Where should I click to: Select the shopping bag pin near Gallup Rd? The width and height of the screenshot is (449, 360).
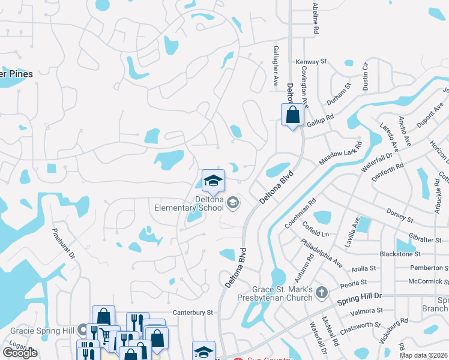coord(292,115)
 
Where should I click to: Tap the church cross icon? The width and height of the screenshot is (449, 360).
coord(322,293)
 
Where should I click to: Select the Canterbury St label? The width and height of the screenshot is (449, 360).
coord(193,313)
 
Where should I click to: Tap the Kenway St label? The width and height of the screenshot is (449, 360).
coord(311,62)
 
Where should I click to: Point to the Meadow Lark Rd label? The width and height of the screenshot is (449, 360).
coord(341,154)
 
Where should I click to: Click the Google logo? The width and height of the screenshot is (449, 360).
coord(20,353)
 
